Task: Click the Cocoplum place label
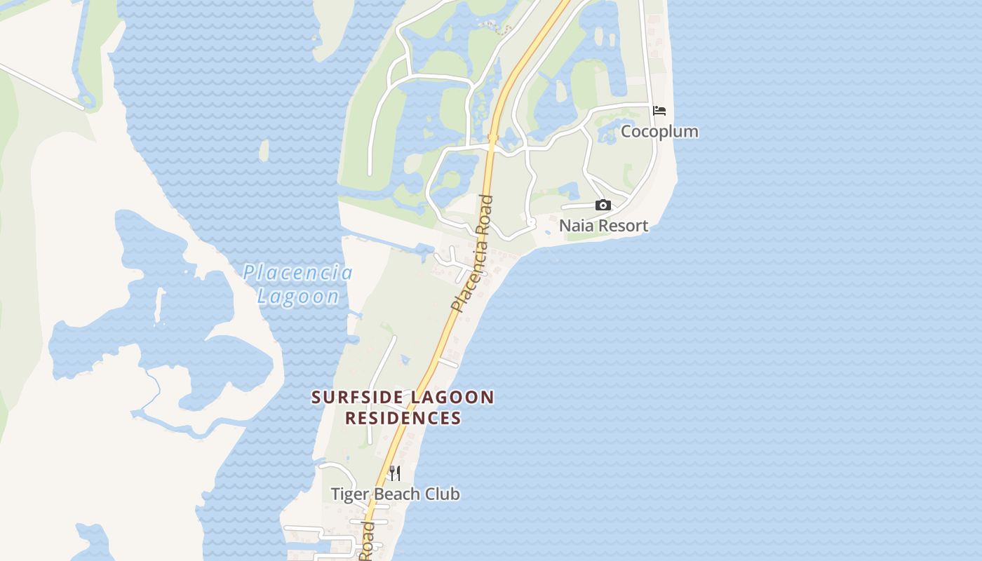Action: tap(659, 132)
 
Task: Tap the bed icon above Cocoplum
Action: tap(659, 111)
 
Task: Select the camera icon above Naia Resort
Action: tap(603, 205)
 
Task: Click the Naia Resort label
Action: tap(603, 226)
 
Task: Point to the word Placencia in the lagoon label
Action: tap(297, 273)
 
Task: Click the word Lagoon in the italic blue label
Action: tap(298, 297)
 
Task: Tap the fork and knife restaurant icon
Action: tap(395, 473)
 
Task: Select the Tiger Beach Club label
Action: tap(396, 494)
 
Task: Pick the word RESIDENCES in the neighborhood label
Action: tap(403, 419)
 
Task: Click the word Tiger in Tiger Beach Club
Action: tap(347, 494)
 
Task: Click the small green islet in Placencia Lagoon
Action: tap(264, 150)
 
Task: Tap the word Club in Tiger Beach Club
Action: tap(443, 494)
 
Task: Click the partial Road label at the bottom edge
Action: tap(366, 542)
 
